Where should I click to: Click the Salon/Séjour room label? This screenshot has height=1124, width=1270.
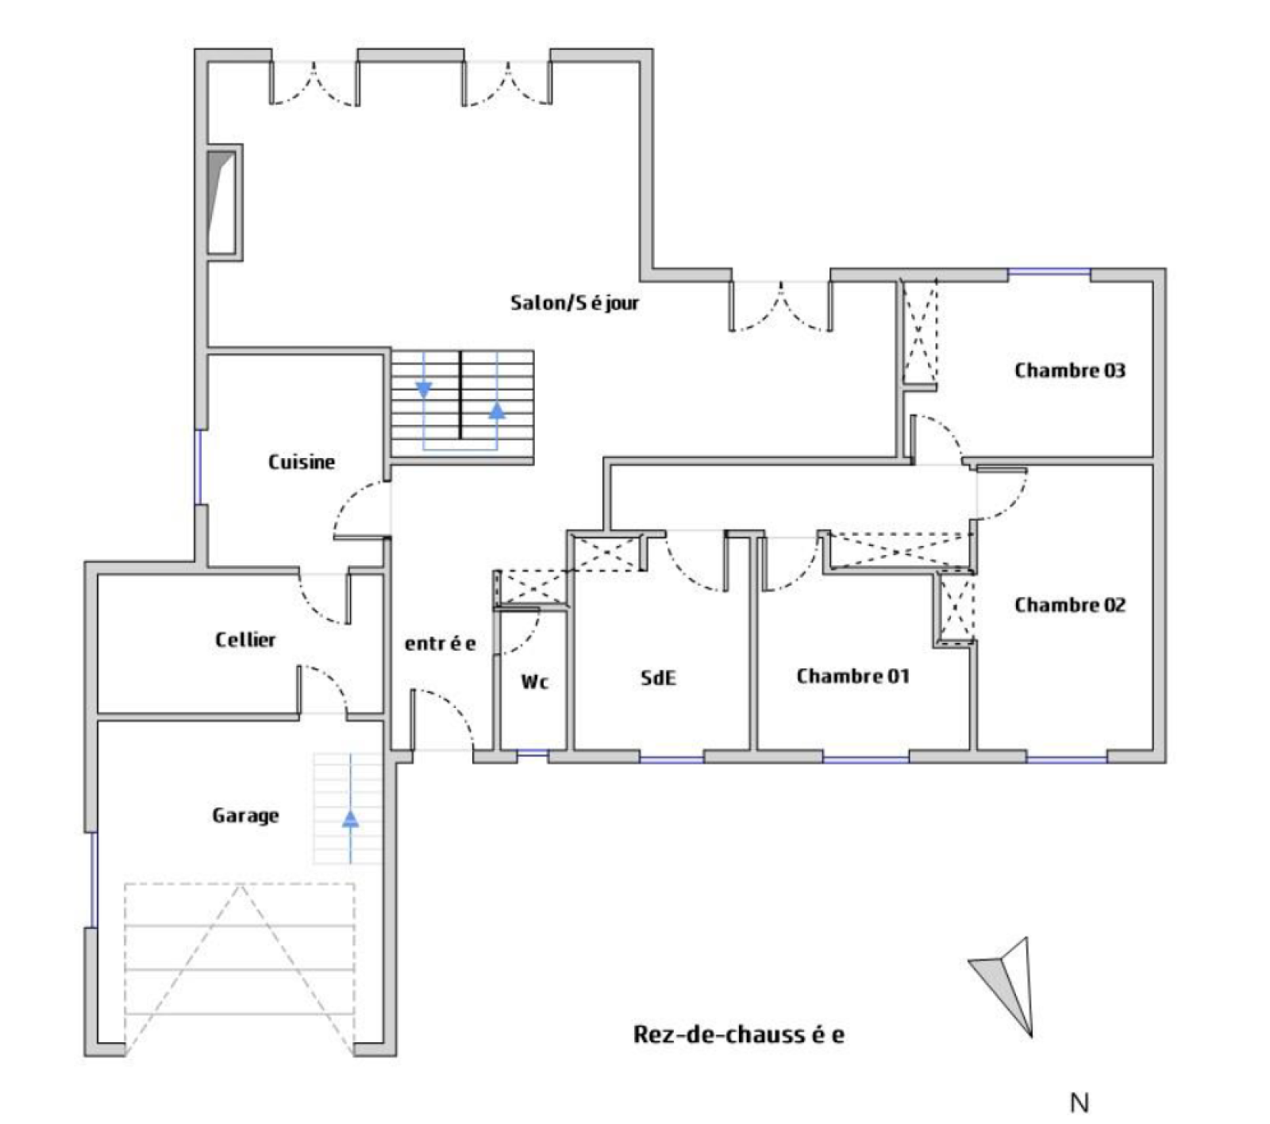pyautogui.click(x=575, y=302)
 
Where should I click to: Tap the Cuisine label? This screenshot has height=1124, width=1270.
pyautogui.click(x=302, y=461)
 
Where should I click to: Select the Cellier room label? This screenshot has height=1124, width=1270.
pyautogui.click(x=245, y=639)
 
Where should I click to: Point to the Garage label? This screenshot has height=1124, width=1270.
pyautogui.click(x=245, y=815)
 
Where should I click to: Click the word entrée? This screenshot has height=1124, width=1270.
pyautogui.click(x=441, y=643)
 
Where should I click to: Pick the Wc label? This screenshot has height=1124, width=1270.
pyautogui.click(x=535, y=681)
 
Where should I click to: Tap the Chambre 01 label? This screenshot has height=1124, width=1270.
pyautogui.click(x=852, y=676)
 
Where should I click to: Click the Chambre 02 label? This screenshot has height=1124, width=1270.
pyautogui.click(x=1070, y=605)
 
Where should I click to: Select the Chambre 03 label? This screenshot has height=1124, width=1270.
pyautogui.click(x=1070, y=370)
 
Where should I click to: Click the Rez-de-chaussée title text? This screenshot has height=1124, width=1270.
pyautogui.click(x=739, y=1034)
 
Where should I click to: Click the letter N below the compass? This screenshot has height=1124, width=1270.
pyautogui.click(x=1079, y=1103)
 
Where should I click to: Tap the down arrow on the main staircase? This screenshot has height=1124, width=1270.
pyautogui.click(x=424, y=389)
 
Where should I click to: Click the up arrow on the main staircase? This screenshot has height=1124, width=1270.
pyautogui.click(x=497, y=410)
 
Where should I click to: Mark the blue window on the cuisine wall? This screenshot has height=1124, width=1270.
pyautogui.click(x=198, y=468)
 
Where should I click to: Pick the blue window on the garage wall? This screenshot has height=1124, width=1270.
pyautogui.click(x=93, y=880)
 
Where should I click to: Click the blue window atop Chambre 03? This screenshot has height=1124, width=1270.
pyautogui.click(x=1049, y=274)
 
